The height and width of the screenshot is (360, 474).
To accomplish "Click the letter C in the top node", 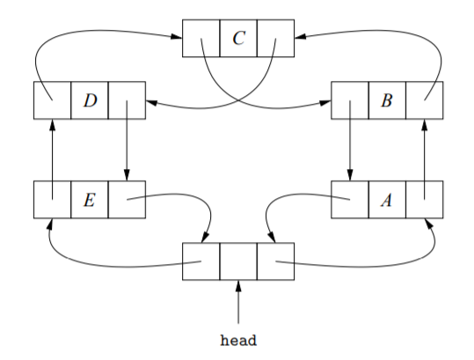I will pyautogui.click(x=238, y=38).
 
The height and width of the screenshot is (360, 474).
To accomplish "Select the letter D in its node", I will pyautogui.click(x=90, y=99).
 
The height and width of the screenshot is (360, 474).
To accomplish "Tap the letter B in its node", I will pyautogui.click(x=386, y=99).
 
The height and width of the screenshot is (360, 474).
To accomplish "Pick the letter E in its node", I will pyautogui.click(x=90, y=199).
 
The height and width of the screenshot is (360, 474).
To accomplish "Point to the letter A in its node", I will pyautogui.click(x=386, y=199).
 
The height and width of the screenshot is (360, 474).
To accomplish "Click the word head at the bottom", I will pyautogui.click(x=238, y=338).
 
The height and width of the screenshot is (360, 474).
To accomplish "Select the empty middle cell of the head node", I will pyautogui.click(x=238, y=261).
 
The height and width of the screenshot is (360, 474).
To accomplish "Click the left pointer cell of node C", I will pyautogui.click(x=201, y=38).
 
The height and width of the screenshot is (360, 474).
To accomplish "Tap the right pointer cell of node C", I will pyautogui.click(x=275, y=38).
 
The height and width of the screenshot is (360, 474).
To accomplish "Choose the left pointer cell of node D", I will pyautogui.click(x=52, y=99).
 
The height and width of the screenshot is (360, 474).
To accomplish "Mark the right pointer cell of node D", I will pyautogui.click(x=127, y=99).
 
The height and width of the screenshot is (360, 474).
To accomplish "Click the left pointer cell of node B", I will pyautogui.click(x=349, y=99).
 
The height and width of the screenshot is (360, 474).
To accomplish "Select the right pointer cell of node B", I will pyautogui.click(x=424, y=99).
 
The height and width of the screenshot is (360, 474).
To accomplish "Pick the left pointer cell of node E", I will pyautogui.click(x=52, y=199).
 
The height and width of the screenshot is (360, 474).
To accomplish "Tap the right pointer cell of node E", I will pyautogui.click(x=127, y=199).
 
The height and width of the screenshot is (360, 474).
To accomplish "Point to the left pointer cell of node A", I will pyautogui.click(x=349, y=199).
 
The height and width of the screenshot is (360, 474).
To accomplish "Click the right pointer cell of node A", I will pyautogui.click(x=424, y=199).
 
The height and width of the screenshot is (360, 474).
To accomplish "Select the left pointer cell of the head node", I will pyautogui.click(x=201, y=261).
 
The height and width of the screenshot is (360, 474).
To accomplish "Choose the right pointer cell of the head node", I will pyautogui.click(x=275, y=261).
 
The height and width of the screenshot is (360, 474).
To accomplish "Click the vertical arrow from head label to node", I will pyautogui.click(x=238, y=304).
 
